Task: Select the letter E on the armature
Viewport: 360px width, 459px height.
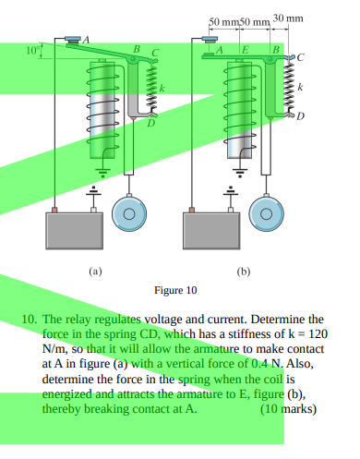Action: point(245,48)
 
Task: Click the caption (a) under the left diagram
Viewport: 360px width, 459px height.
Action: point(94,272)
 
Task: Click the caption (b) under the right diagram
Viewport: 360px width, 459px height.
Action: point(244,272)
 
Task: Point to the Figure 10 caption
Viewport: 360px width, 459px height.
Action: point(174,290)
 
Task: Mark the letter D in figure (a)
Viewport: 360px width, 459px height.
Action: point(152,122)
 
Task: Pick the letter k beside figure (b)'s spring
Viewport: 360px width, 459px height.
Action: point(299,85)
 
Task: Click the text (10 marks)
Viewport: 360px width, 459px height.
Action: point(288,407)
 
